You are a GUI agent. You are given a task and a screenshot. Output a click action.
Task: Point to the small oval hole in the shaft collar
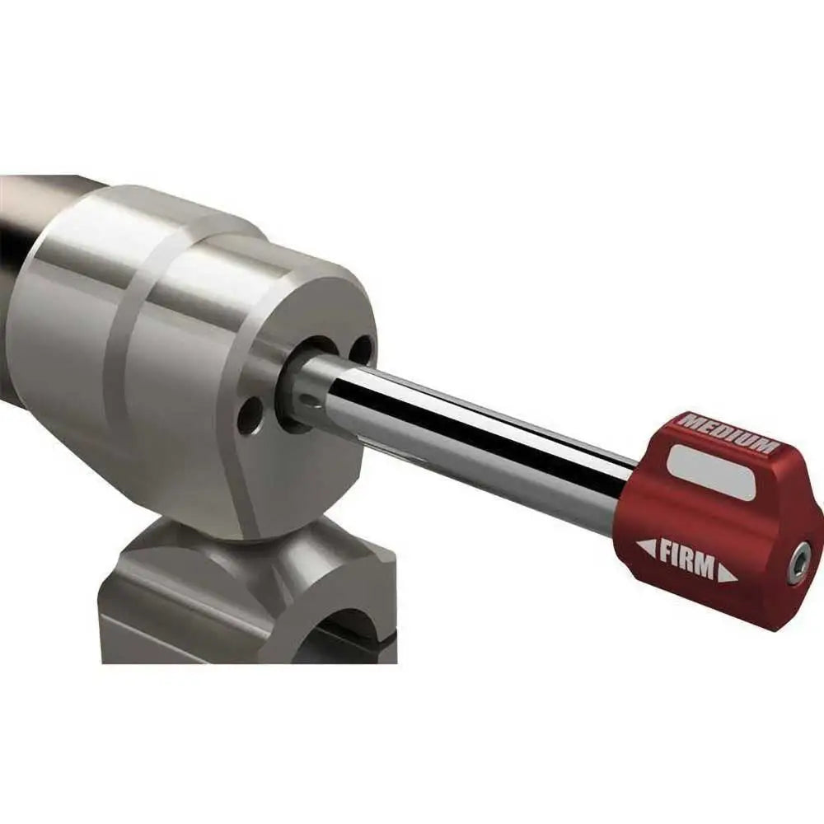308,401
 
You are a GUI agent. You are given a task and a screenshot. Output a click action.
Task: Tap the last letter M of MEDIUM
766,446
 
